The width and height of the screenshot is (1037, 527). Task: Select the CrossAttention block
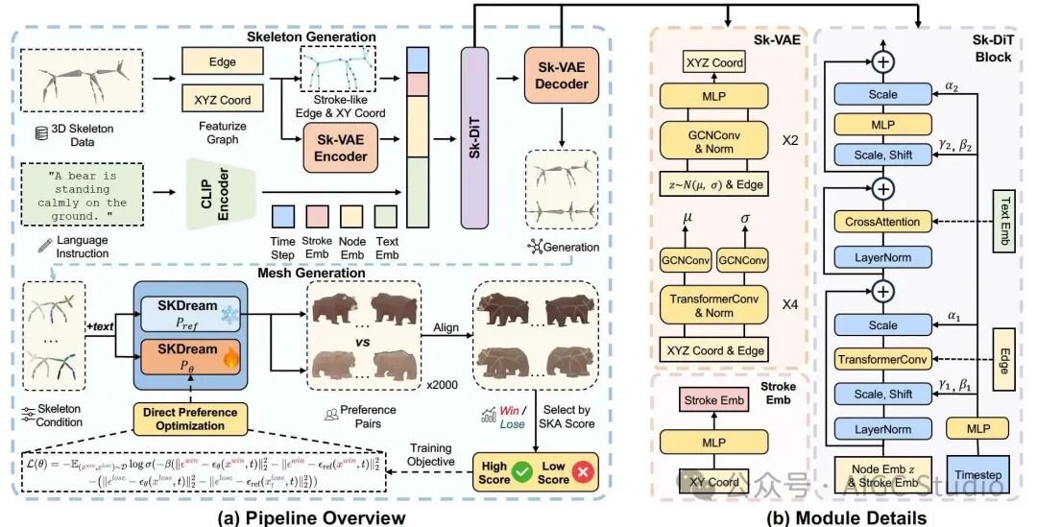click(x=882, y=222)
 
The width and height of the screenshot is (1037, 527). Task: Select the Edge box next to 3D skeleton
click(x=222, y=62)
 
